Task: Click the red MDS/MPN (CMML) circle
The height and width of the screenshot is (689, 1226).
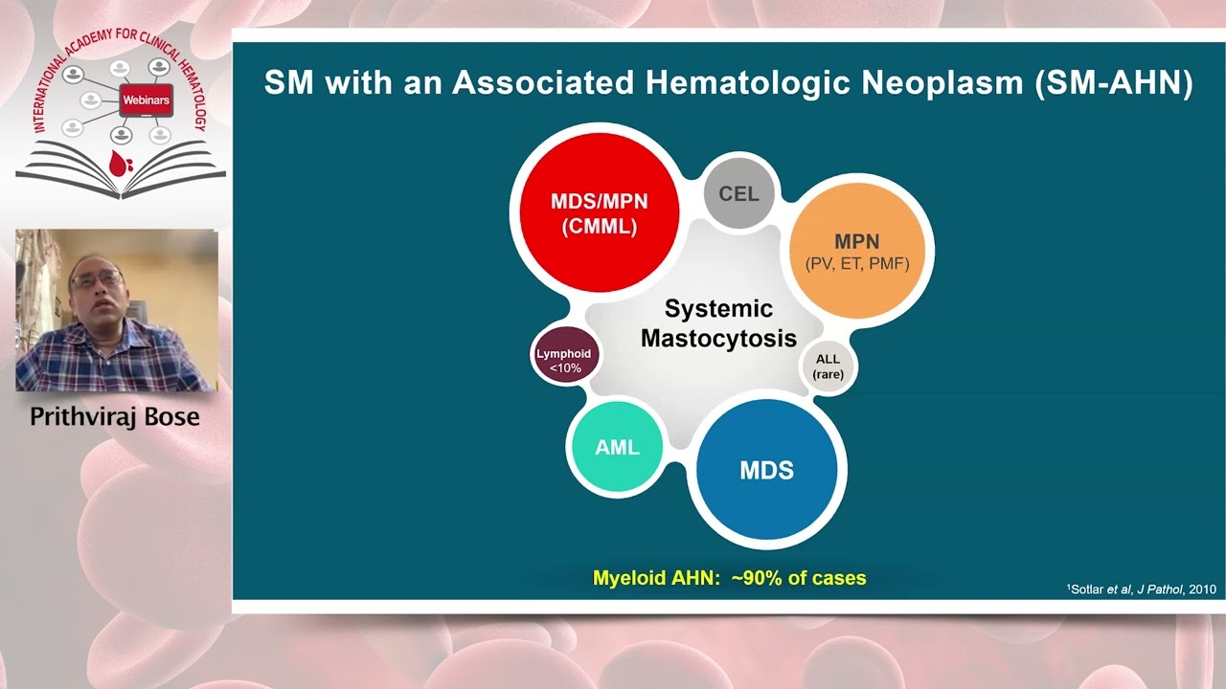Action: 599,212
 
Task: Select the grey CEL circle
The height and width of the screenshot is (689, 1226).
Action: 738,194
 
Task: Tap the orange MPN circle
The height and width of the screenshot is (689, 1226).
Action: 857,251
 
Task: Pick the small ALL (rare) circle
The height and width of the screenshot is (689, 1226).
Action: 828,367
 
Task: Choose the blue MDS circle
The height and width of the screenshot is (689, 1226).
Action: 766,470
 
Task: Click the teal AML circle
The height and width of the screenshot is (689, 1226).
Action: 617,448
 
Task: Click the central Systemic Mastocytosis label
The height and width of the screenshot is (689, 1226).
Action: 718,323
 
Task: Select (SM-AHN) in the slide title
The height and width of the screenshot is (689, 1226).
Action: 1113,83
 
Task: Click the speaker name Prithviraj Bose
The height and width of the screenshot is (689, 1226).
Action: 115,417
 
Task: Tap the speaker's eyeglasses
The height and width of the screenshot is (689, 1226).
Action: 96,280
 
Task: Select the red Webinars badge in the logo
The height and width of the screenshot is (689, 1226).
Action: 147,100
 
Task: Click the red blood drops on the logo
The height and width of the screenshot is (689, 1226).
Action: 120,164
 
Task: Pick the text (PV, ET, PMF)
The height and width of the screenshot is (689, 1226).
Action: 857,263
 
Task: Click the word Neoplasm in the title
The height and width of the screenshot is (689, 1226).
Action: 942,83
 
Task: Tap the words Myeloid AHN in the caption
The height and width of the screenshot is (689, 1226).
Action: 651,578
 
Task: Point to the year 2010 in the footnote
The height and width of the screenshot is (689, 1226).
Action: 1201,589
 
